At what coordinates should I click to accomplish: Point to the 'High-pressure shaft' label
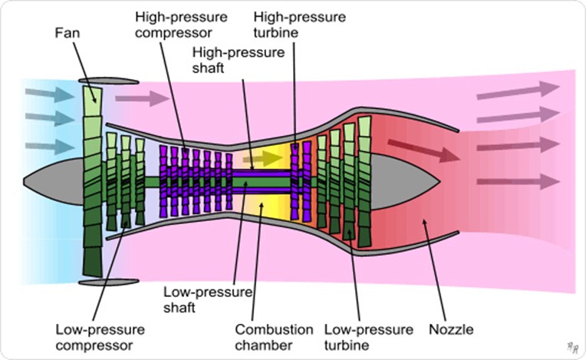coord(237,59)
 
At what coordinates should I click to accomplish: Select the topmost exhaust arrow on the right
coord(518,91)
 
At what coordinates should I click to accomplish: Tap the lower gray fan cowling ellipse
coord(107,283)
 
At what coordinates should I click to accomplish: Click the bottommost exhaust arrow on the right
coord(518,182)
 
